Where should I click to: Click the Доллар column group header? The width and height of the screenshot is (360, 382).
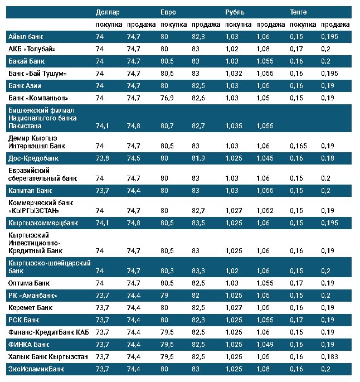108,12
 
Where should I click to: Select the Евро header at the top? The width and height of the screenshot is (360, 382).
169,12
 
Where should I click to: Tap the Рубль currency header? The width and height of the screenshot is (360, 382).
235,12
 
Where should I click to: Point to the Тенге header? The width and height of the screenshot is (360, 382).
298,12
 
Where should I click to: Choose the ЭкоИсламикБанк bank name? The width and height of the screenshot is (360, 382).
36,369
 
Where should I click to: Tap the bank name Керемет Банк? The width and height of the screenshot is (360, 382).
31,307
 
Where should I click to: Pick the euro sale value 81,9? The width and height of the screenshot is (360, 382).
198,158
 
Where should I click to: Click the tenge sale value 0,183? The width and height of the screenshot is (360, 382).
330,356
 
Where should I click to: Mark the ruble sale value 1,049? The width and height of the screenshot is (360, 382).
265,344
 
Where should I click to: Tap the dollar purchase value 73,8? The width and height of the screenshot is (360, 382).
103,158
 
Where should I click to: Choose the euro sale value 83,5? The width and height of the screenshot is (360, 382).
198,223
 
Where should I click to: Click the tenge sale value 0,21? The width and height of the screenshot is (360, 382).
328,190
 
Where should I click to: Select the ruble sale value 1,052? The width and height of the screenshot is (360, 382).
265,211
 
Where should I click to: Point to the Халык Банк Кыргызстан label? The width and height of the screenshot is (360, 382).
48,356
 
